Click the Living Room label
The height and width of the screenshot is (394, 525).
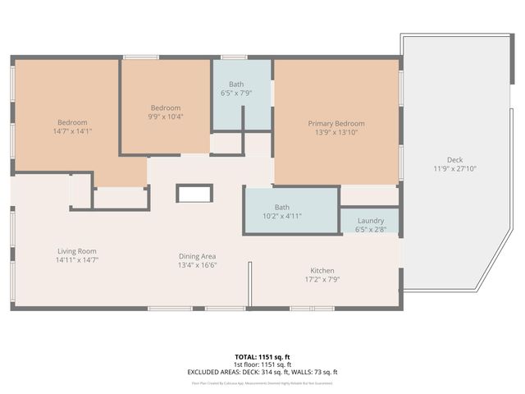click(x=77, y=251)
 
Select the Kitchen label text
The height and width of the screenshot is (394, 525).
click(x=322, y=270)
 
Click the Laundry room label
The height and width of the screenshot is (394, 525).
click(x=371, y=221)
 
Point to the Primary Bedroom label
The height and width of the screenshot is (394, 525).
click(x=336, y=124)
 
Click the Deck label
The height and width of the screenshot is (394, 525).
click(x=454, y=159)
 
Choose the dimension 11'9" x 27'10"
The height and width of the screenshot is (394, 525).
click(x=454, y=169)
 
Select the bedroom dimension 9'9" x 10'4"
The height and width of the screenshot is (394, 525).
click(x=165, y=117)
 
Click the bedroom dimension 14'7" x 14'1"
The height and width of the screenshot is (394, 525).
click(x=71, y=131)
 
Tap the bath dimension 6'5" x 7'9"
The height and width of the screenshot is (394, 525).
click(x=236, y=94)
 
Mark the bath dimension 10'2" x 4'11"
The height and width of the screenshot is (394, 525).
click(x=282, y=216)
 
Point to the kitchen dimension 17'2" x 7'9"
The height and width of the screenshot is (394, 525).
click(x=322, y=280)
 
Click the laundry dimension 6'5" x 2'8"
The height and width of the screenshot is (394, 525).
click(x=371, y=230)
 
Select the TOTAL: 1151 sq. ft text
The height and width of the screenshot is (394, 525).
click(x=262, y=357)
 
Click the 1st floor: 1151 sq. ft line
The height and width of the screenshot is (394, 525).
click(x=262, y=364)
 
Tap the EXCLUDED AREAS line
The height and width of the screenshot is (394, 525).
click(x=262, y=372)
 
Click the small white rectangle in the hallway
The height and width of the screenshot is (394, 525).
click(x=194, y=194)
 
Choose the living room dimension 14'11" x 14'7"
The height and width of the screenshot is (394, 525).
click(x=77, y=260)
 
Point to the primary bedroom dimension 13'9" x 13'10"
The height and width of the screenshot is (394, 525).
click(x=336, y=133)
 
